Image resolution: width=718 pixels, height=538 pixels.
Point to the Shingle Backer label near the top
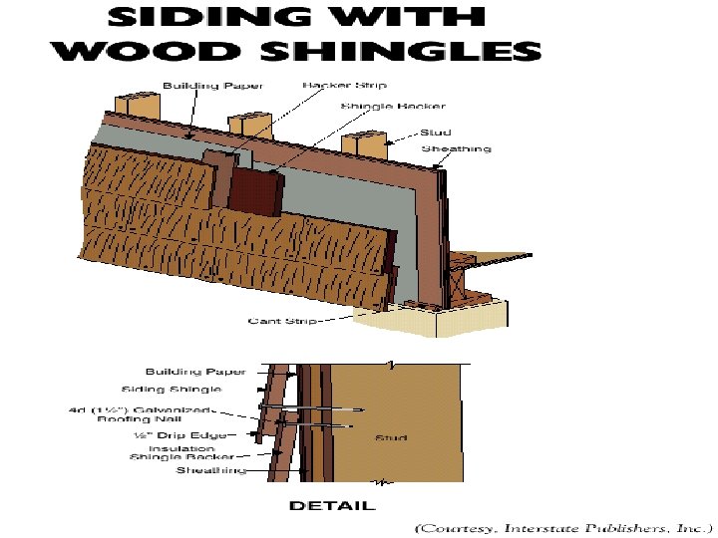(x=380, y=106)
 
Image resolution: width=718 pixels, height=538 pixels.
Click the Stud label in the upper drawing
(x=436, y=131)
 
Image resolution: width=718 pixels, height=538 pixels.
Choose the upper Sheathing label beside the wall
(x=457, y=149)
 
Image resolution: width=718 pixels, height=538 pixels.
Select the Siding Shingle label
(x=172, y=389)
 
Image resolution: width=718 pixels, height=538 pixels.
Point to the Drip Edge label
(x=182, y=435)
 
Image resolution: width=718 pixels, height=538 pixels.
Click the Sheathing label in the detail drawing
(x=211, y=470)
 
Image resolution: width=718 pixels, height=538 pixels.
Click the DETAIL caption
(x=332, y=505)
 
